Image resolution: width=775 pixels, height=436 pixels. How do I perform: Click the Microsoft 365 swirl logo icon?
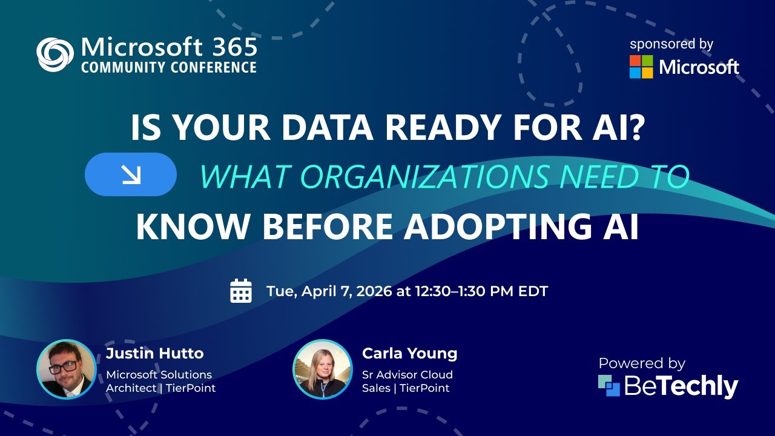[55, 54]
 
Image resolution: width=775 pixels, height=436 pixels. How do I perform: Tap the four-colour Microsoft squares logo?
[641, 67]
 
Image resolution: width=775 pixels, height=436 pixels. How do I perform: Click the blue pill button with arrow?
[131, 174]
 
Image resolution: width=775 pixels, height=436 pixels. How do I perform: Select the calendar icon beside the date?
[241, 291]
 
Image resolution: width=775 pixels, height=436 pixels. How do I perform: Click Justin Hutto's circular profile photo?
[67, 369]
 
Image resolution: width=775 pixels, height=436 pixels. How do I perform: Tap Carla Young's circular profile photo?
[323, 369]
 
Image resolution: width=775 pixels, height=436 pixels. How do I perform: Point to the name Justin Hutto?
[155, 353]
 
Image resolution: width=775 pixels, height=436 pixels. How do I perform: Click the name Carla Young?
[409, 353]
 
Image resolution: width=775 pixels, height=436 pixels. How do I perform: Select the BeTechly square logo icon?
[609, 386]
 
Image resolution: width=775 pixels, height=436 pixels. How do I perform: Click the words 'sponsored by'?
[671, 44]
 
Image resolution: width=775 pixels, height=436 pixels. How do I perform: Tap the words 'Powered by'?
[642, 363]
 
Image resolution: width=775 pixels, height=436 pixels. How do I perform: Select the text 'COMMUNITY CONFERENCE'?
[169, 67]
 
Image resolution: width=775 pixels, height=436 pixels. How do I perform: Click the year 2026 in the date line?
[374, 291]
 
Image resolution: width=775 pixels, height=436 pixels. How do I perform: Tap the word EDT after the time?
[533, 291]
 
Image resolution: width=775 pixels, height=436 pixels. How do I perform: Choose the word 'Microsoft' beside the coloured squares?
[699, 67]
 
